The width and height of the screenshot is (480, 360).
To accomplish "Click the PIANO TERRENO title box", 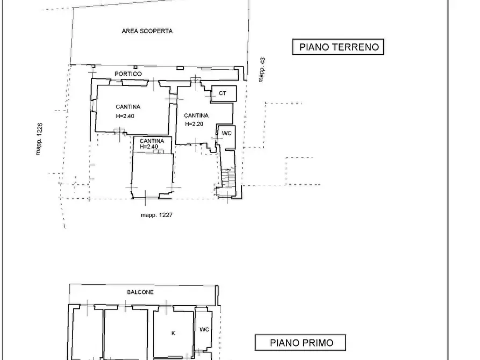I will tap(339, 47).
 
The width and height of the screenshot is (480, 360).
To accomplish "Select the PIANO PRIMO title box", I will tap(300, 343).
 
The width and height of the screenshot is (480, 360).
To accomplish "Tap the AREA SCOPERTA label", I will tap(147, 31).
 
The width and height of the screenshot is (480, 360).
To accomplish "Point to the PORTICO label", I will tap(128, 74).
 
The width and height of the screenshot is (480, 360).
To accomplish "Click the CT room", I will tap(223, 93).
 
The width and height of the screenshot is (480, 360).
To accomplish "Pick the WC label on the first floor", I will tap(204, 329).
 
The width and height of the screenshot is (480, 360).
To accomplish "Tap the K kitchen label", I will tap(173, 333).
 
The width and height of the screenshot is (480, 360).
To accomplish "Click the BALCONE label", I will tap(140, 292).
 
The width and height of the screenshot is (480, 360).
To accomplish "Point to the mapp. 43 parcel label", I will tap(262, 70).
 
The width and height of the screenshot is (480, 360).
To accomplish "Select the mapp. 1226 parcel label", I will tap(40, 138).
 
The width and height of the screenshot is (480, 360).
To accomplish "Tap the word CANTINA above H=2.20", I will tap(196, 116).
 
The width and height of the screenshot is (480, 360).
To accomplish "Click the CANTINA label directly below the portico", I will tap(128, 107).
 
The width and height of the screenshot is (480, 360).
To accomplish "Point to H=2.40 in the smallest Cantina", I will tap(148, 147).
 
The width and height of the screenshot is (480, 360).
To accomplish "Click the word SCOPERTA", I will tap(158, 31).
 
